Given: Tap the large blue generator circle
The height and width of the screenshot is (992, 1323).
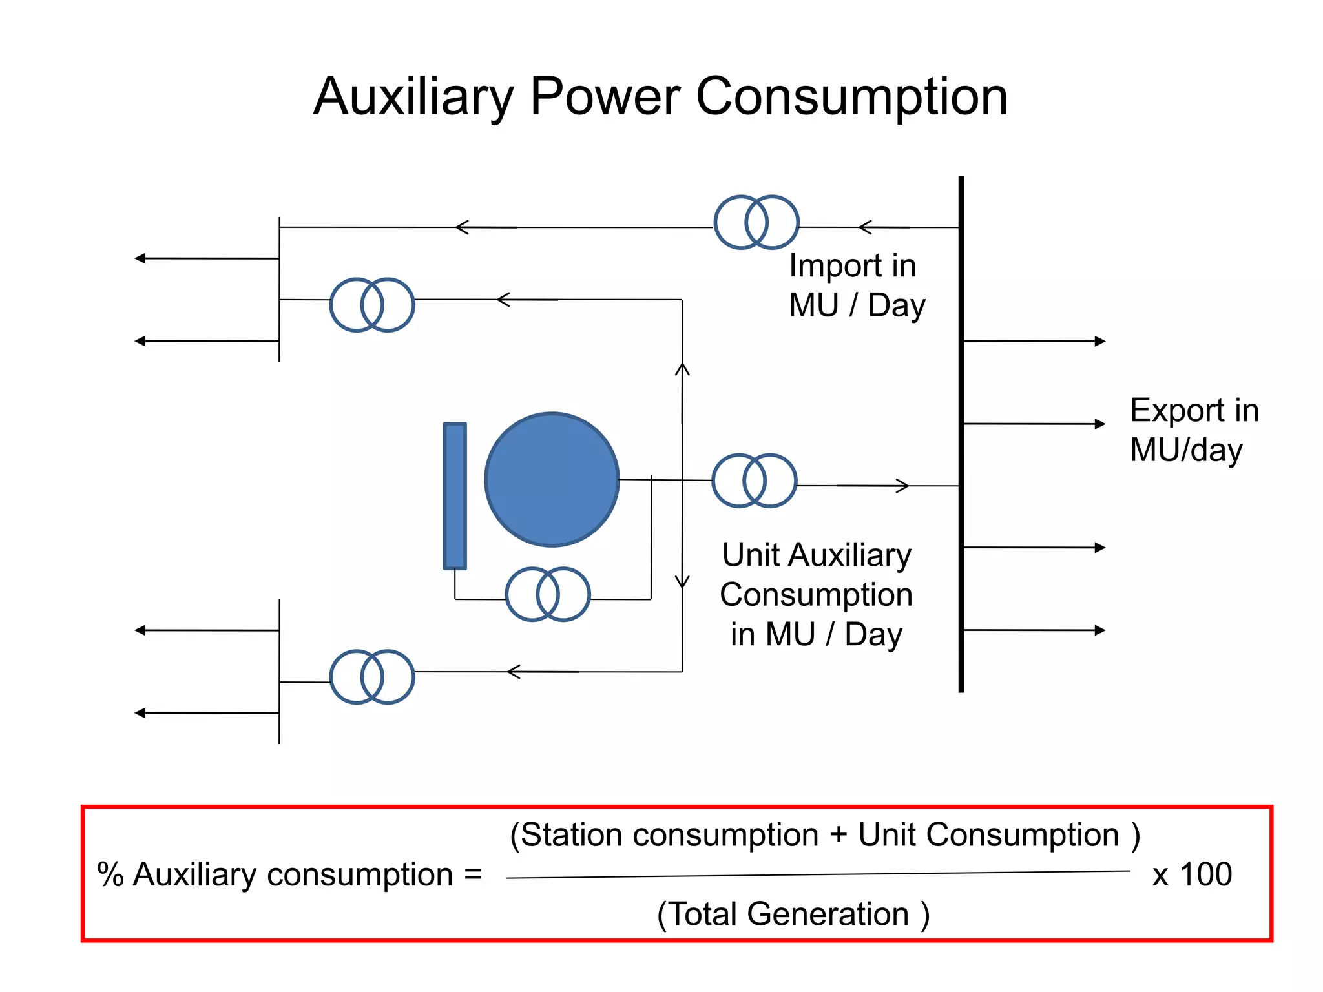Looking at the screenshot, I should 552,479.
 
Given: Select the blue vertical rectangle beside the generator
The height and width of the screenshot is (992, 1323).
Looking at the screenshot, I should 455,496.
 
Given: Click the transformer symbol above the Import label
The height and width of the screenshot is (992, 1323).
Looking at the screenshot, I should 756,222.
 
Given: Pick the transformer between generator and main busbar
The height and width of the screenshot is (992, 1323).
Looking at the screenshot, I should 754,480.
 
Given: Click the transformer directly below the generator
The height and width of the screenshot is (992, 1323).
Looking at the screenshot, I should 547,594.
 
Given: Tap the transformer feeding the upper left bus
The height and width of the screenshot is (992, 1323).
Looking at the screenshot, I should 371,305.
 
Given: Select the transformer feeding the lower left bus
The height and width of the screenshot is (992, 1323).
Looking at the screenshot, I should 371,677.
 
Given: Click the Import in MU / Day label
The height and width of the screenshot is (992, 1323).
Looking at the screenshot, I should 856,285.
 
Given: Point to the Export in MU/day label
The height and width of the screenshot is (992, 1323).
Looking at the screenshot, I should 1193,429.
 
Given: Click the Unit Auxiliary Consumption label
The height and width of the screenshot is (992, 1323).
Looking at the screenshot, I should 816,594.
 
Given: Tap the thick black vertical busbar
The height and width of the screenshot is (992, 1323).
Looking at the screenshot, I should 961,433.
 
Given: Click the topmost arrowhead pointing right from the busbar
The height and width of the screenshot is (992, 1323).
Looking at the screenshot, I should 1100,341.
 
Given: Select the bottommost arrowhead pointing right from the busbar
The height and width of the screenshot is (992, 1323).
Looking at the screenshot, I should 1100,630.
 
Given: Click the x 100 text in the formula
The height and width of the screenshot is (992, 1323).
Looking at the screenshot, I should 1192,874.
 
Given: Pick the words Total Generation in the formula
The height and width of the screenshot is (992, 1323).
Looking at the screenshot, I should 792,914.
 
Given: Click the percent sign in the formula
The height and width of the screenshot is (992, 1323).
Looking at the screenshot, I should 110,874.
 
